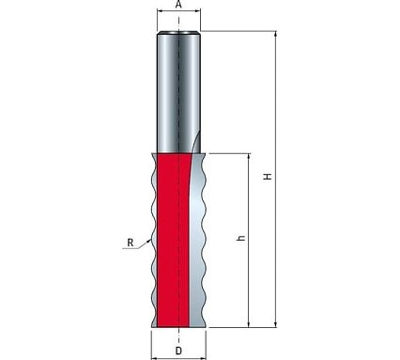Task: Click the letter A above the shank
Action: pyautogui.click(x=178, y=5)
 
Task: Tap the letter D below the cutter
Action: pyautogui.click(x=178, y=351)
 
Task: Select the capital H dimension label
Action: pyautogui.click(x=268, y=177)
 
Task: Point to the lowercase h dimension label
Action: pyautogui.click(x=240, y=238)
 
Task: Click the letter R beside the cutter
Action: pyautogui.click(x=131, y=243)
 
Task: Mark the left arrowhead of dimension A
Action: pyautogui.click(x=159, y=10)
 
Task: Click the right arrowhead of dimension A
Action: pyautogui.click(x=198, y=10)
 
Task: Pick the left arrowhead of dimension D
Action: pyautogui.click(x=154, y=357)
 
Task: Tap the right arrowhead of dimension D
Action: pyautogui.click(x=204, y=357)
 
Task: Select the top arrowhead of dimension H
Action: pyautogui.click(x=276, y=33)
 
